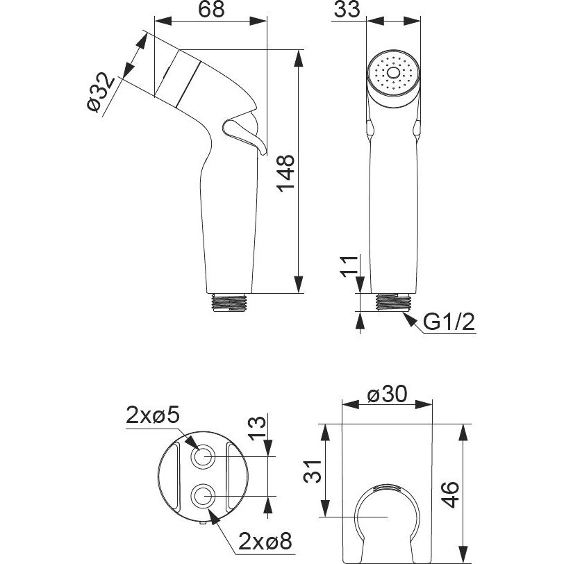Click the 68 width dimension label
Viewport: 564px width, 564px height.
coord(211,10)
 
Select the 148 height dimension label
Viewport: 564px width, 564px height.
coord(285,174)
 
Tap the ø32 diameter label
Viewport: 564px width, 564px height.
coord(101,92)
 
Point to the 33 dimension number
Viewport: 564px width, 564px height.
coord(347,9)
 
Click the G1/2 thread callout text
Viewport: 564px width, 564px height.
coord(449,322)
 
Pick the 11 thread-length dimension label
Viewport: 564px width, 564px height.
coord(349,266)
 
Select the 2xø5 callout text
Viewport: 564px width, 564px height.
coord(153,417)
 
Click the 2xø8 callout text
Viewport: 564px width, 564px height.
coord(265,542)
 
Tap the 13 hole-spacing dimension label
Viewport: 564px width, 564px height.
coord(257,429)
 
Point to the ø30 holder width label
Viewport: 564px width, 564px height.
coord(388,395)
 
